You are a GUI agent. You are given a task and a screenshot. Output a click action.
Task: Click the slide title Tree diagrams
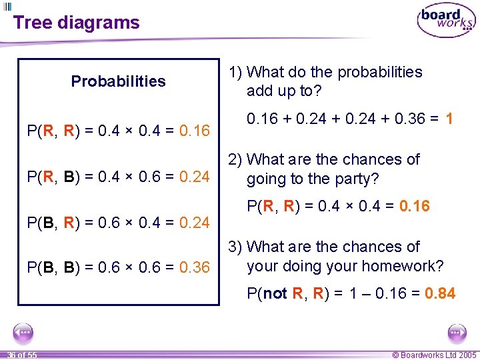[x=76, y=23]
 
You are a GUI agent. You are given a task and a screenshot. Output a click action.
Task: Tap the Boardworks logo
[x=446, y=21]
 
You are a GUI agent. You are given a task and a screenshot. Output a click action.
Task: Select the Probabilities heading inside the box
[x=118, y=81]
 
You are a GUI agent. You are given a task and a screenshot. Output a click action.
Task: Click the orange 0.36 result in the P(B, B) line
[x=195, y=267]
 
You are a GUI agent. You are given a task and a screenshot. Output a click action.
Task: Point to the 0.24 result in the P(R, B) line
[x=195, y=177]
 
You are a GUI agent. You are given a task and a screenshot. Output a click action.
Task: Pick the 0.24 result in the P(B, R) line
[x=195, y=222]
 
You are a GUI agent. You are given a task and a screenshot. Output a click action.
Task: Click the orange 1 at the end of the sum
[x=449, y=119]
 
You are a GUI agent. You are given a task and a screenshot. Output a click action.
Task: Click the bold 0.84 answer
[x=440, y=293]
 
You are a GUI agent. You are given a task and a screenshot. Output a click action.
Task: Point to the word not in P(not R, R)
[x=276, y=293]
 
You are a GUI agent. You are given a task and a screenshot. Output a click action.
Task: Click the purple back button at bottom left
[x=23, y=332]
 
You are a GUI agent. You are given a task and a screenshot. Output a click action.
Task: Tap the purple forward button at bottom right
[x=457, y=332]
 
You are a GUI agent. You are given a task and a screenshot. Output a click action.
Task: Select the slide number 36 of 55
[x=22, y=355]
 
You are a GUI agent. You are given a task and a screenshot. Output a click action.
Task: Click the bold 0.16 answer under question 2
[x=415, y=206]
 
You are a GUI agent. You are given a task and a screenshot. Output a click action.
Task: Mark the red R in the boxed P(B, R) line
[x=69, y=222]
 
